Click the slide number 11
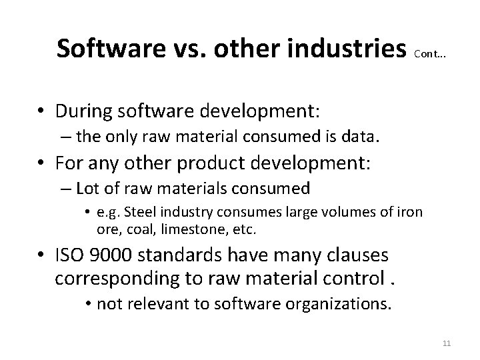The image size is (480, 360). [447, 343]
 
